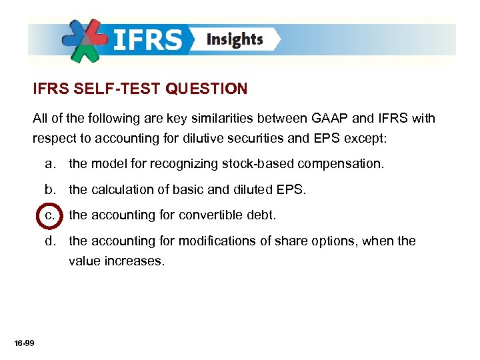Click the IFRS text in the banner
click(x=147, y=40)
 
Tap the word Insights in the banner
click(x=235, y=40)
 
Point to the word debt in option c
click(x=261, y=215)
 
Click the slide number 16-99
click(x=24, y=343)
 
